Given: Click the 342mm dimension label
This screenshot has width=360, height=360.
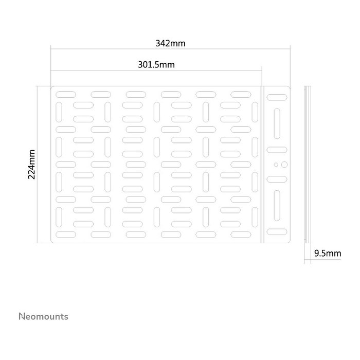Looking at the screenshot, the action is pos(170,43).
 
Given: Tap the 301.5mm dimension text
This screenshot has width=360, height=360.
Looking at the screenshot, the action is pos(156,65).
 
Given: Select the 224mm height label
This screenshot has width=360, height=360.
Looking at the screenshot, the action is pos(31,165).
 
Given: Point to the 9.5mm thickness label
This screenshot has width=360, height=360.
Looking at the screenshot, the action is pos(328,254).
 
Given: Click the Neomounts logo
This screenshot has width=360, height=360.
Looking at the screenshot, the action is pos(43,316).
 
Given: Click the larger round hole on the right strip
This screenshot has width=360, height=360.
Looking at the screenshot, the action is pos(284,165).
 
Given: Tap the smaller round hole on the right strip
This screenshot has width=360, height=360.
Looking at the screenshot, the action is pos(276,165).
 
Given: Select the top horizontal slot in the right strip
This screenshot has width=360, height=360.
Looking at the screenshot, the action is pos(277,97).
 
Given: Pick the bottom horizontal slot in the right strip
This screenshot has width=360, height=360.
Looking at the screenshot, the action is pos(277,232).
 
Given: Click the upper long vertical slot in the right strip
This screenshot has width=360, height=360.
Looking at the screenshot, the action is pos(277,123).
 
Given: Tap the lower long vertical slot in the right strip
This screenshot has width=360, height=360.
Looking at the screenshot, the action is pos(277,206).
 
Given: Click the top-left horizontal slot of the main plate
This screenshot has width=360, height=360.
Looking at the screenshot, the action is pos(66,94).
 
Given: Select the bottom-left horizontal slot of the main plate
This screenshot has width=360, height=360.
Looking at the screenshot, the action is pos(66,235).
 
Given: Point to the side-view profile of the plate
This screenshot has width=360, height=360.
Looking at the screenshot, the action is pos(308,165).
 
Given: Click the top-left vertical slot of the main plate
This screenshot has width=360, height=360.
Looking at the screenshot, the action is pos(59,112).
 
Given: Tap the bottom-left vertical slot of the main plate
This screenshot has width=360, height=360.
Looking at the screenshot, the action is pos(59,217).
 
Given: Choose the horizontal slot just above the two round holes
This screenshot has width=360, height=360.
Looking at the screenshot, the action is pos(277,150).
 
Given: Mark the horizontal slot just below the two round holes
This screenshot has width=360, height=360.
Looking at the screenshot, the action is pos(277,179).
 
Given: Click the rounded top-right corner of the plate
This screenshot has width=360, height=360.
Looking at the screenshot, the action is pos(289,87).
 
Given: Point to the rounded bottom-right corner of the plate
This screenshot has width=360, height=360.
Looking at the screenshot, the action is pos(289,242).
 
